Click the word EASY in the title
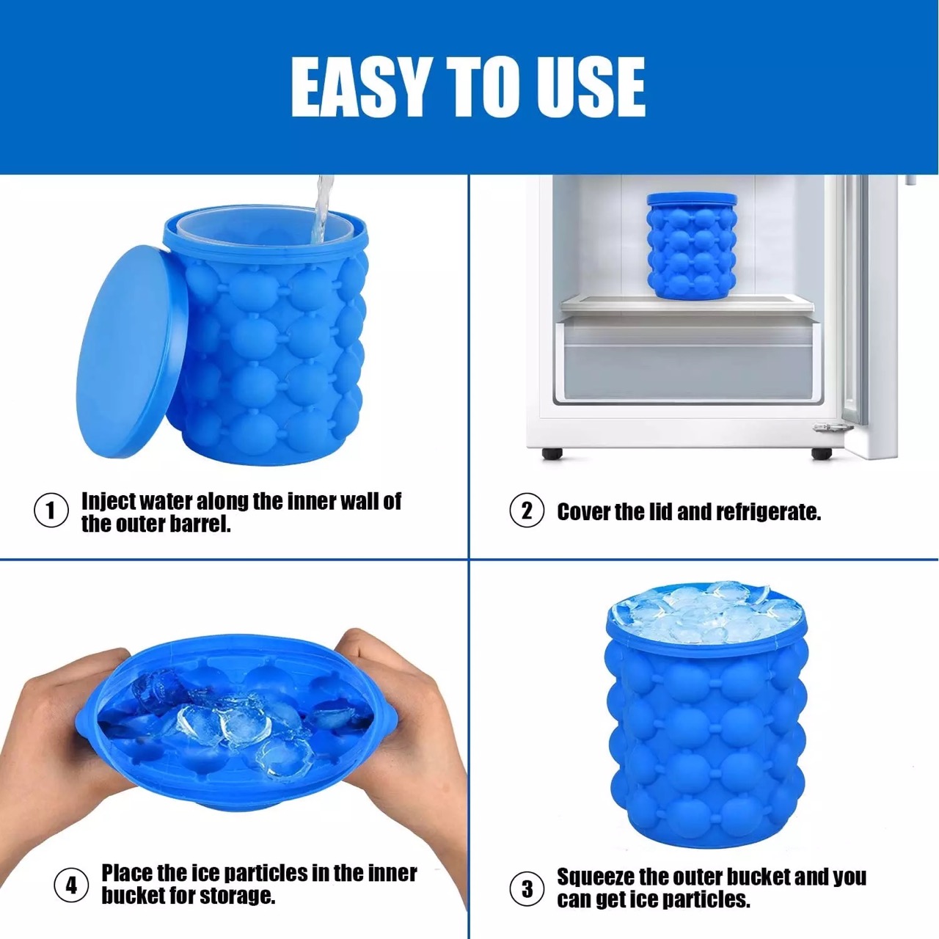359,87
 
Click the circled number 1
51,511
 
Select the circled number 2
526,511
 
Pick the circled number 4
71,885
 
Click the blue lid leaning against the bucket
131,352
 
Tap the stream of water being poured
322,210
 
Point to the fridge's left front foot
552,453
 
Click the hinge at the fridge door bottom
832,427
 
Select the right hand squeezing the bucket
409,731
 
